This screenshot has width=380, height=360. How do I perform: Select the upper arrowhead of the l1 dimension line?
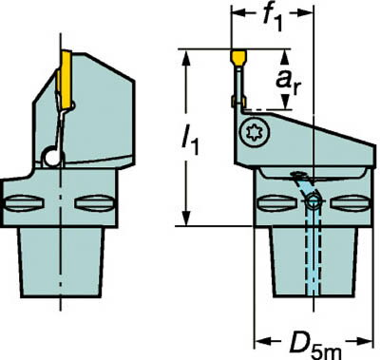(x=197, y=54)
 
